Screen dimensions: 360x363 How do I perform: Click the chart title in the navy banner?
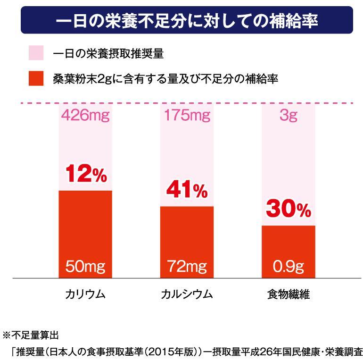point(186,21)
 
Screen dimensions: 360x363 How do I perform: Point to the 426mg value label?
point(85,116)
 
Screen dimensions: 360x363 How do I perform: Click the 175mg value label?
point(187,116)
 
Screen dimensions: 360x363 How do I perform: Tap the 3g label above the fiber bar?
point(288,116)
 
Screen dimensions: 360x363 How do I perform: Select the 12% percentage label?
point(85,175)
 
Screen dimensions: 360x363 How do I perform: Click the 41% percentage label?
point(187,191)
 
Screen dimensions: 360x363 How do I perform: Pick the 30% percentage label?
point(288,209)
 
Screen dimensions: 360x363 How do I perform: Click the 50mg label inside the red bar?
point(85,267)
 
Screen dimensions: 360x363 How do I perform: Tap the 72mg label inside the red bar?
point(187,267)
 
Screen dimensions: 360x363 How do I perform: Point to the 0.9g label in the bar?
point(288,267)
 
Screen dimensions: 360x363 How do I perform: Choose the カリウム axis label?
point(85,295)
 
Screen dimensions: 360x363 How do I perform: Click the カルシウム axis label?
point(187,295)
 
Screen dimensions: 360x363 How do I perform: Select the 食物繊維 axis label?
point(288,295)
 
